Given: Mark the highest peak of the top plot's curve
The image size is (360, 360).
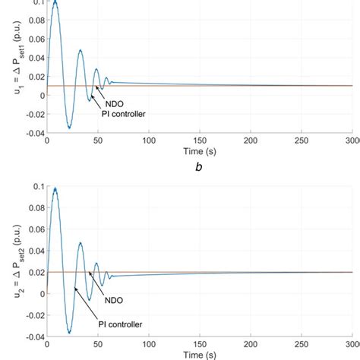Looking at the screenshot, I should pyautogui.click(x=54, y=3).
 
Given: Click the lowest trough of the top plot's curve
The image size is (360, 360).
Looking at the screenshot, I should pyautogui.click(x=68, y=127).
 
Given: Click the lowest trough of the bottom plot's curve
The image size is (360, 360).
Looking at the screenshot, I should pyautogui.click(x=69, y=332).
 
